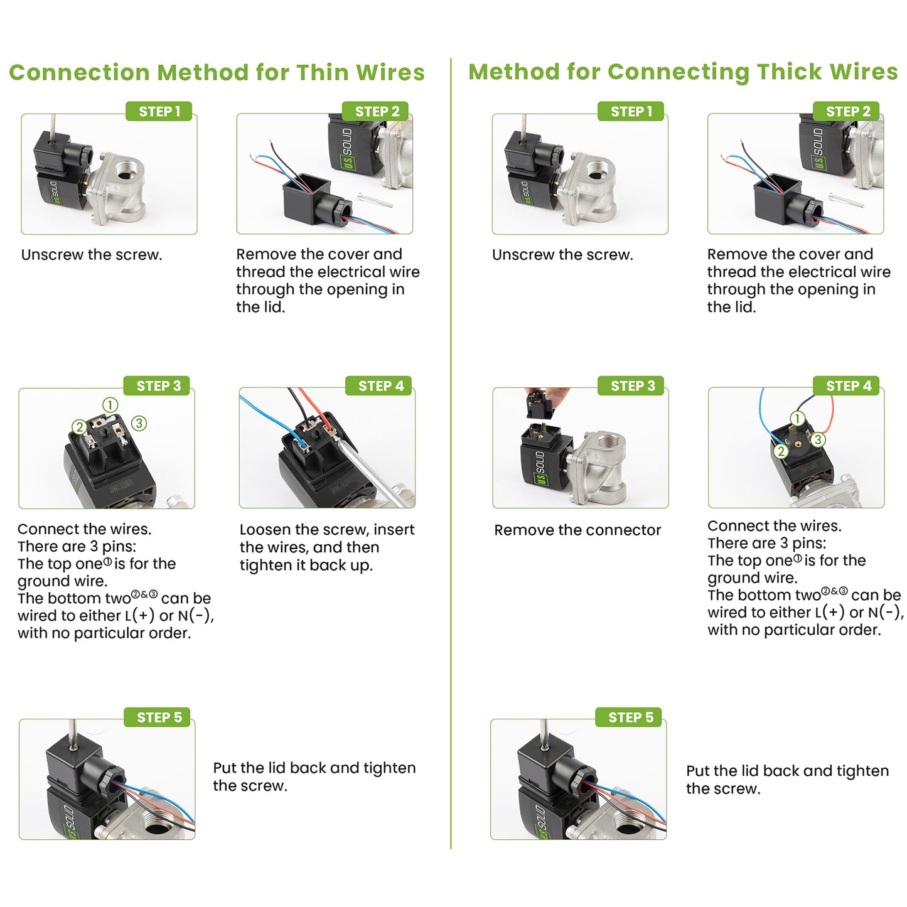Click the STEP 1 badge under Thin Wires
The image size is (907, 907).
(x=159, y=111)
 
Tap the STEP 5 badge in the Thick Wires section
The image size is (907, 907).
(x=630, y=717)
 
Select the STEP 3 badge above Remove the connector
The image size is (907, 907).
(x=632, y=385)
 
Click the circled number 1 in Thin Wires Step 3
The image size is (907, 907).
(x=110, y=405)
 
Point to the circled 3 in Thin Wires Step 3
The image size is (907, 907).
(x=139, y=423)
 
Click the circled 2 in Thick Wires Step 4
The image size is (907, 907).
(x=781, y=451)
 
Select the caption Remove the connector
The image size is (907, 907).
(x=577, y=530)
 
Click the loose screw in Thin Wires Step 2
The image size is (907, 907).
(x=375, y=200)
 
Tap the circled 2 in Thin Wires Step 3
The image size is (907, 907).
(x=79, y=427)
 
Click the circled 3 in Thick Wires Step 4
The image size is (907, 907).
(x=818, y=439)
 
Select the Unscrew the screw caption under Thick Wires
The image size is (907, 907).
(x=562, y=255)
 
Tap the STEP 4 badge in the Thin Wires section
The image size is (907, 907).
(x=380, y=385)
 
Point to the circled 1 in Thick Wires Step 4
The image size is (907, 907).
(x=797, y=418)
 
